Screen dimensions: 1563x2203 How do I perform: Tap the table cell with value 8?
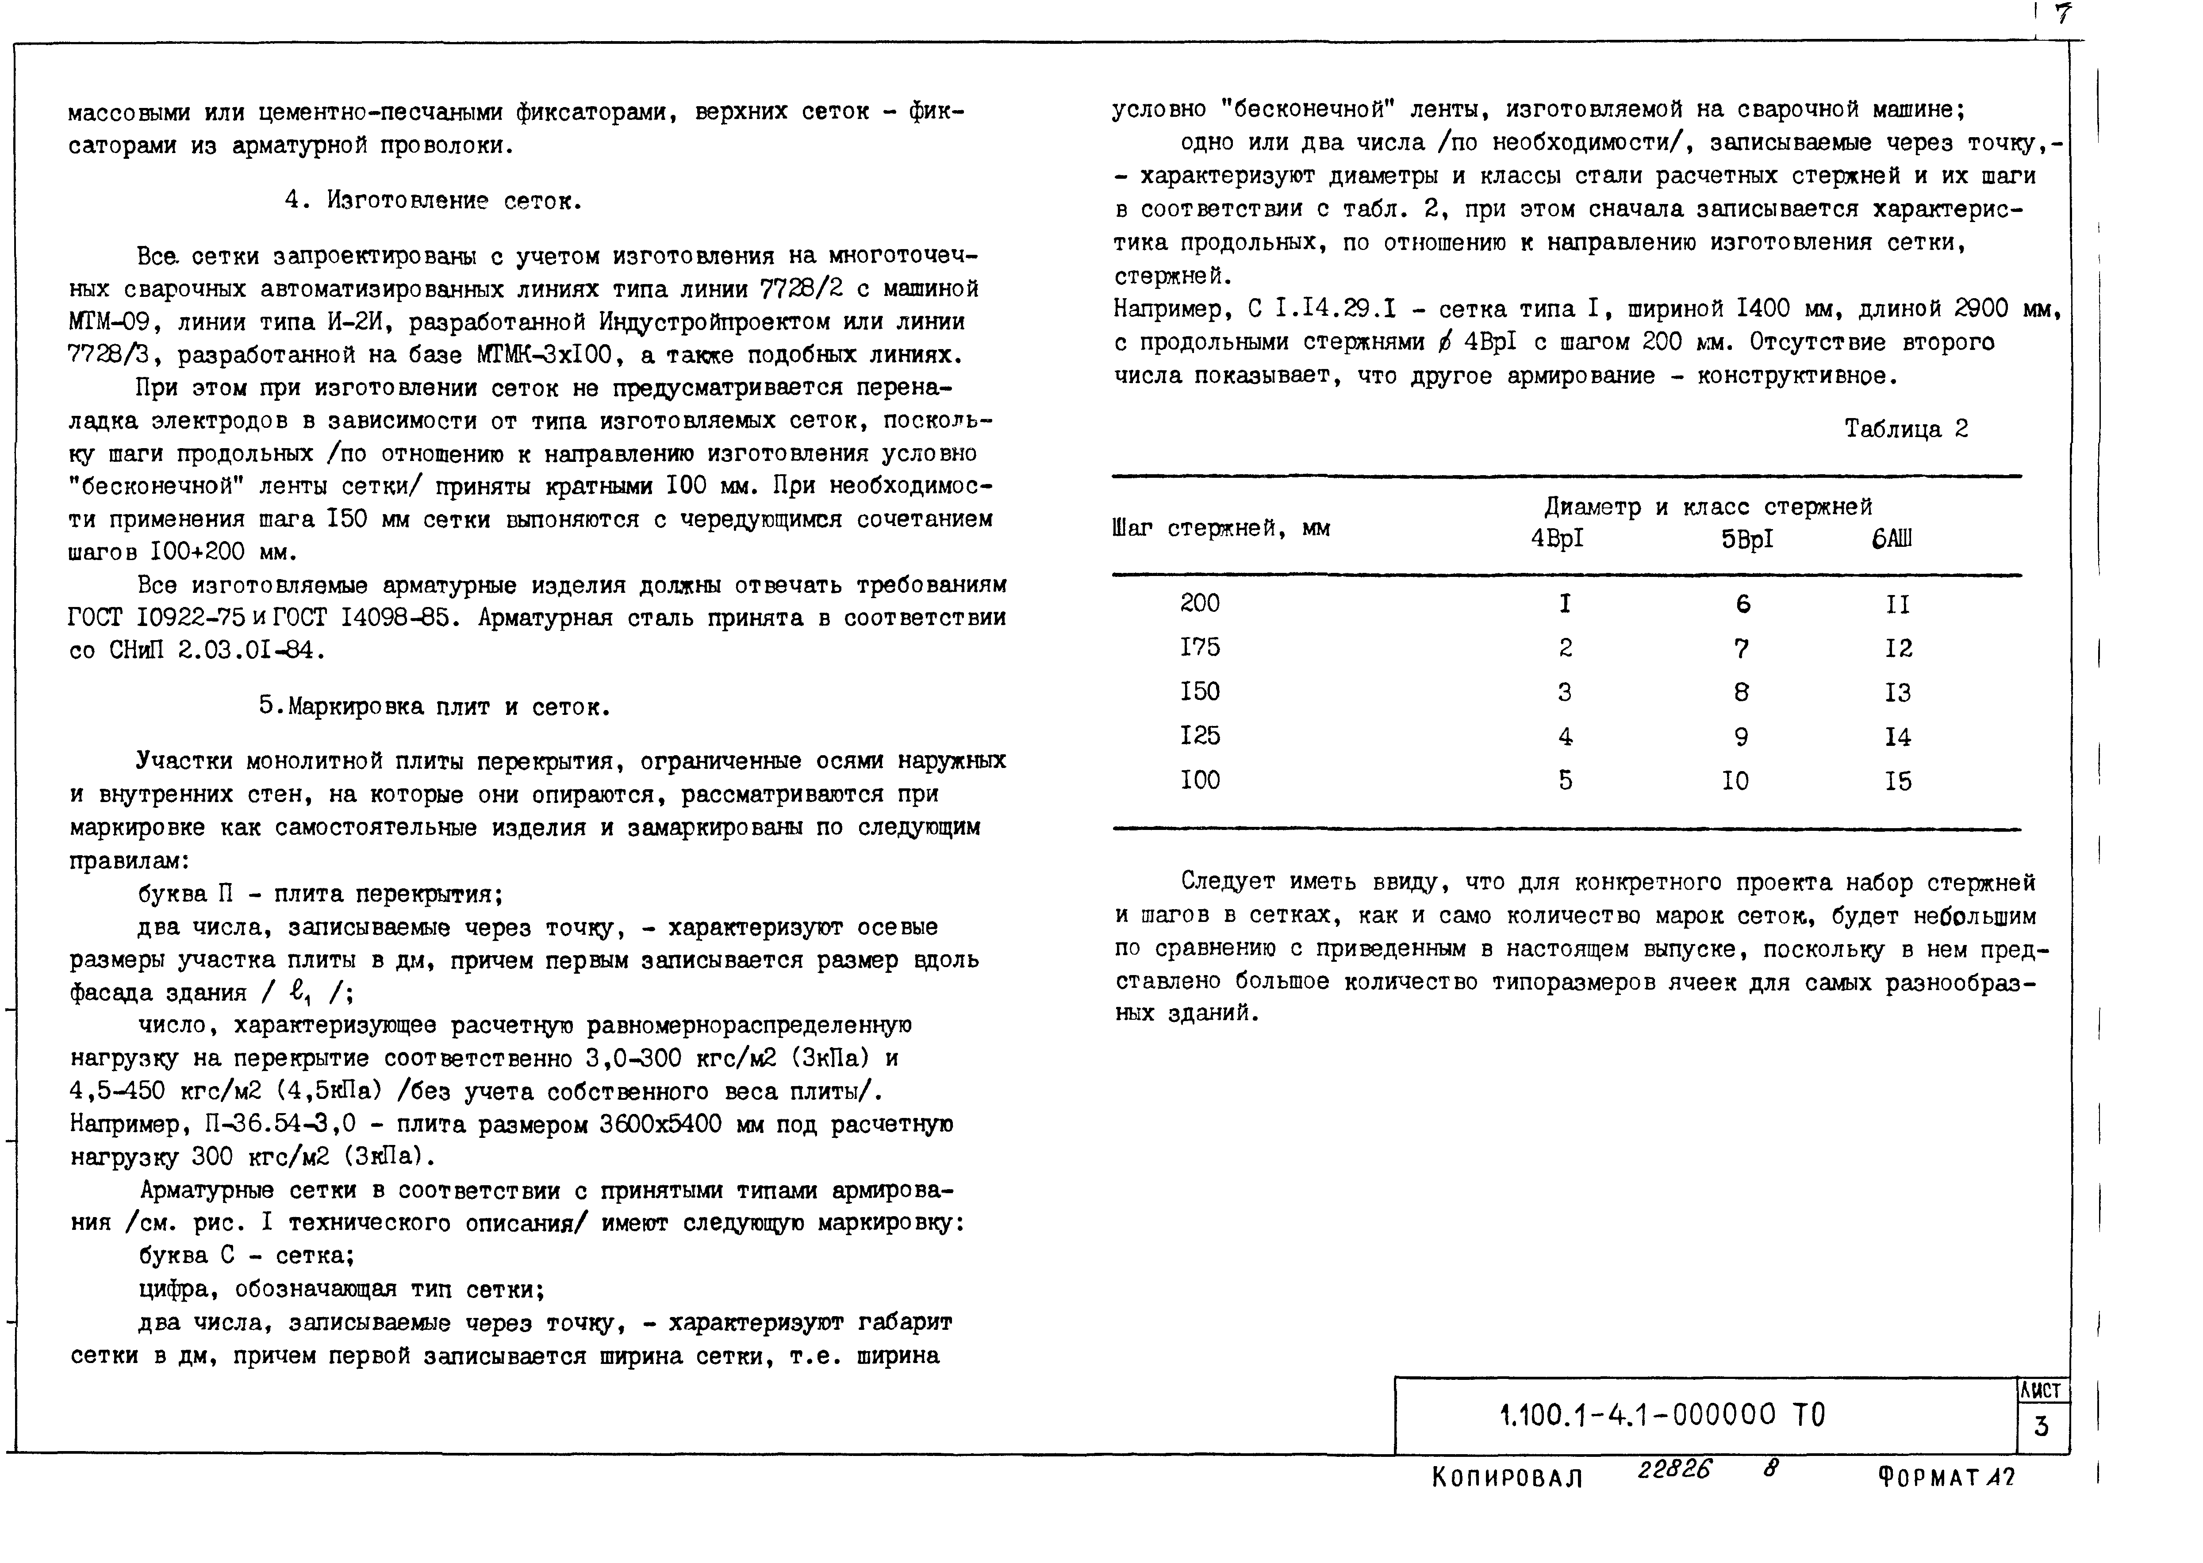click(1741, 692)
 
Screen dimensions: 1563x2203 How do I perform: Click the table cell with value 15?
click(1898, 781)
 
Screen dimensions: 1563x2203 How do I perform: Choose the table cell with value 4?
click(1565, 737)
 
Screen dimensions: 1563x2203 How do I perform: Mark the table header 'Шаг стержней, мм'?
click(1220, 528)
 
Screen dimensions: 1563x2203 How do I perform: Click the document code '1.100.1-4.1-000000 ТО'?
click(1662, 1415)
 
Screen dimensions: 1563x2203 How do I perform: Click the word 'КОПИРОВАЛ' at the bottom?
click(1507, 1477)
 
